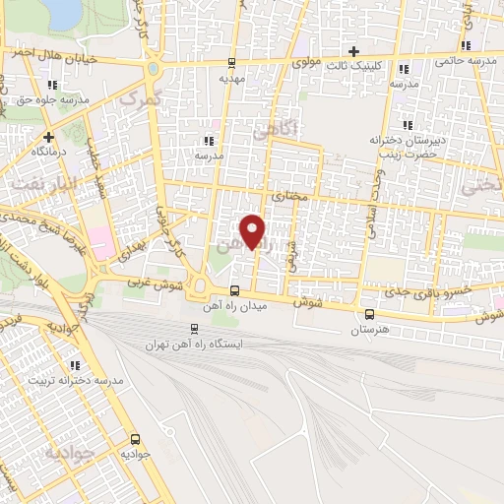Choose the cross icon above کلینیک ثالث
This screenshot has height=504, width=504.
point(354,50)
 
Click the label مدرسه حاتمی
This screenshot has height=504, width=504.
point(469,61)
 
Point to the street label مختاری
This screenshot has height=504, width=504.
point(289,196)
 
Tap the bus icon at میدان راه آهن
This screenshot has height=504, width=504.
point(234,290)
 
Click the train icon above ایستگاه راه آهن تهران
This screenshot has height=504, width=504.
point(193,329)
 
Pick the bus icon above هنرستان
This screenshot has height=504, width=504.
point(368,314)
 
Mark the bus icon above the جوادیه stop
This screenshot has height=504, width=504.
point(134,439)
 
